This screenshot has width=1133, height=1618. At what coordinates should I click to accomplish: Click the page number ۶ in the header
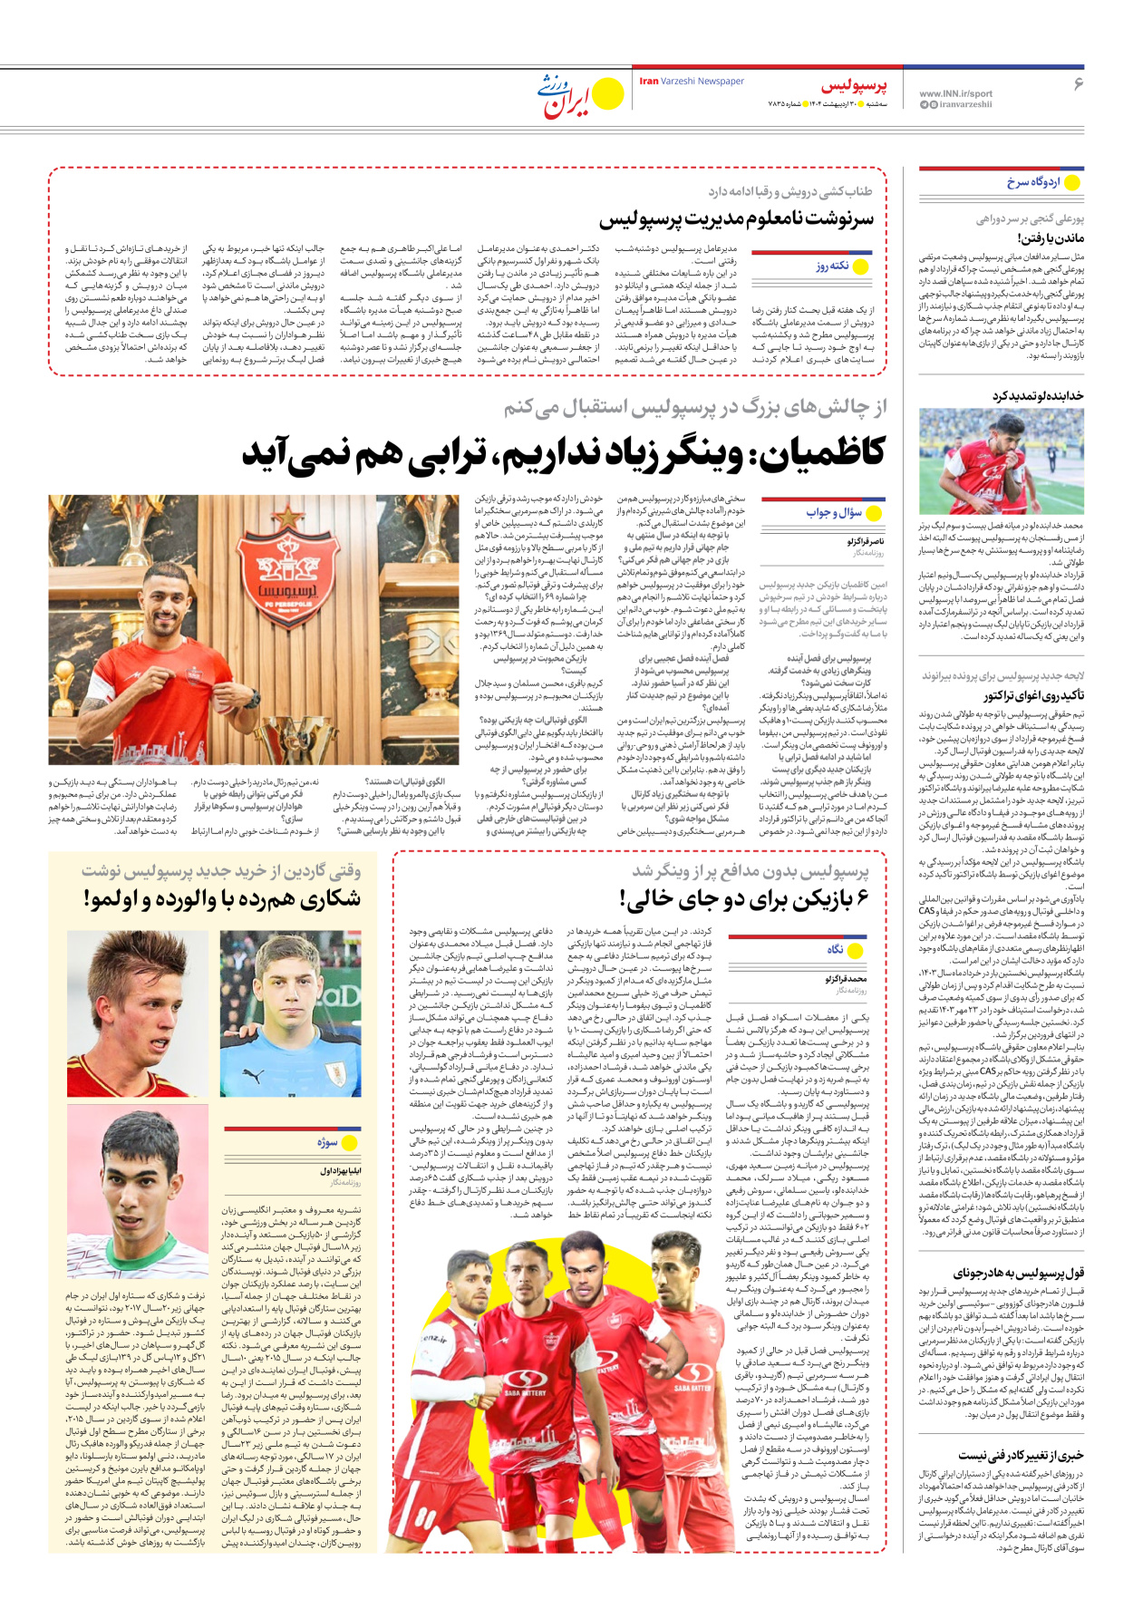(x=1079, y=84)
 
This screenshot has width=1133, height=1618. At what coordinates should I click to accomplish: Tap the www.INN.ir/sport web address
(x=955, y=93)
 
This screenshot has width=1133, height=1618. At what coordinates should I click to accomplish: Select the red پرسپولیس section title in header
(x=854, y=87)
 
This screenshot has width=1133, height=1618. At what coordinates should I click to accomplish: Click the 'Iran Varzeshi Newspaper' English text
(x=692, y=82)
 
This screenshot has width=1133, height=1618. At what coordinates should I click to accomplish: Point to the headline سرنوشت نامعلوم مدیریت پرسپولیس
(x=736, y=219)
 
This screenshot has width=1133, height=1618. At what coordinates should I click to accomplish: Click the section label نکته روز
(x=831, y=266)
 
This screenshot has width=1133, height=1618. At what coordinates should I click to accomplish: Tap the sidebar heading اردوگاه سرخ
(x=1032, y=183)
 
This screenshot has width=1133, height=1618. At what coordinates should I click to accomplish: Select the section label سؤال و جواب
(x=834, y=513)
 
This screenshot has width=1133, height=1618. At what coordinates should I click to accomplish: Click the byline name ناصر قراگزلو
(x=866, y=541)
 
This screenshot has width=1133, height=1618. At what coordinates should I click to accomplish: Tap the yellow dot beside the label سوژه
(x=351, y=1143)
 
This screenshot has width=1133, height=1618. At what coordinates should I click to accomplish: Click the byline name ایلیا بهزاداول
(x=340, y=1172)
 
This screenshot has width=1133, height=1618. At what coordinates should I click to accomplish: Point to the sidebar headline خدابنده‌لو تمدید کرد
(x=1037, y=396)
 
